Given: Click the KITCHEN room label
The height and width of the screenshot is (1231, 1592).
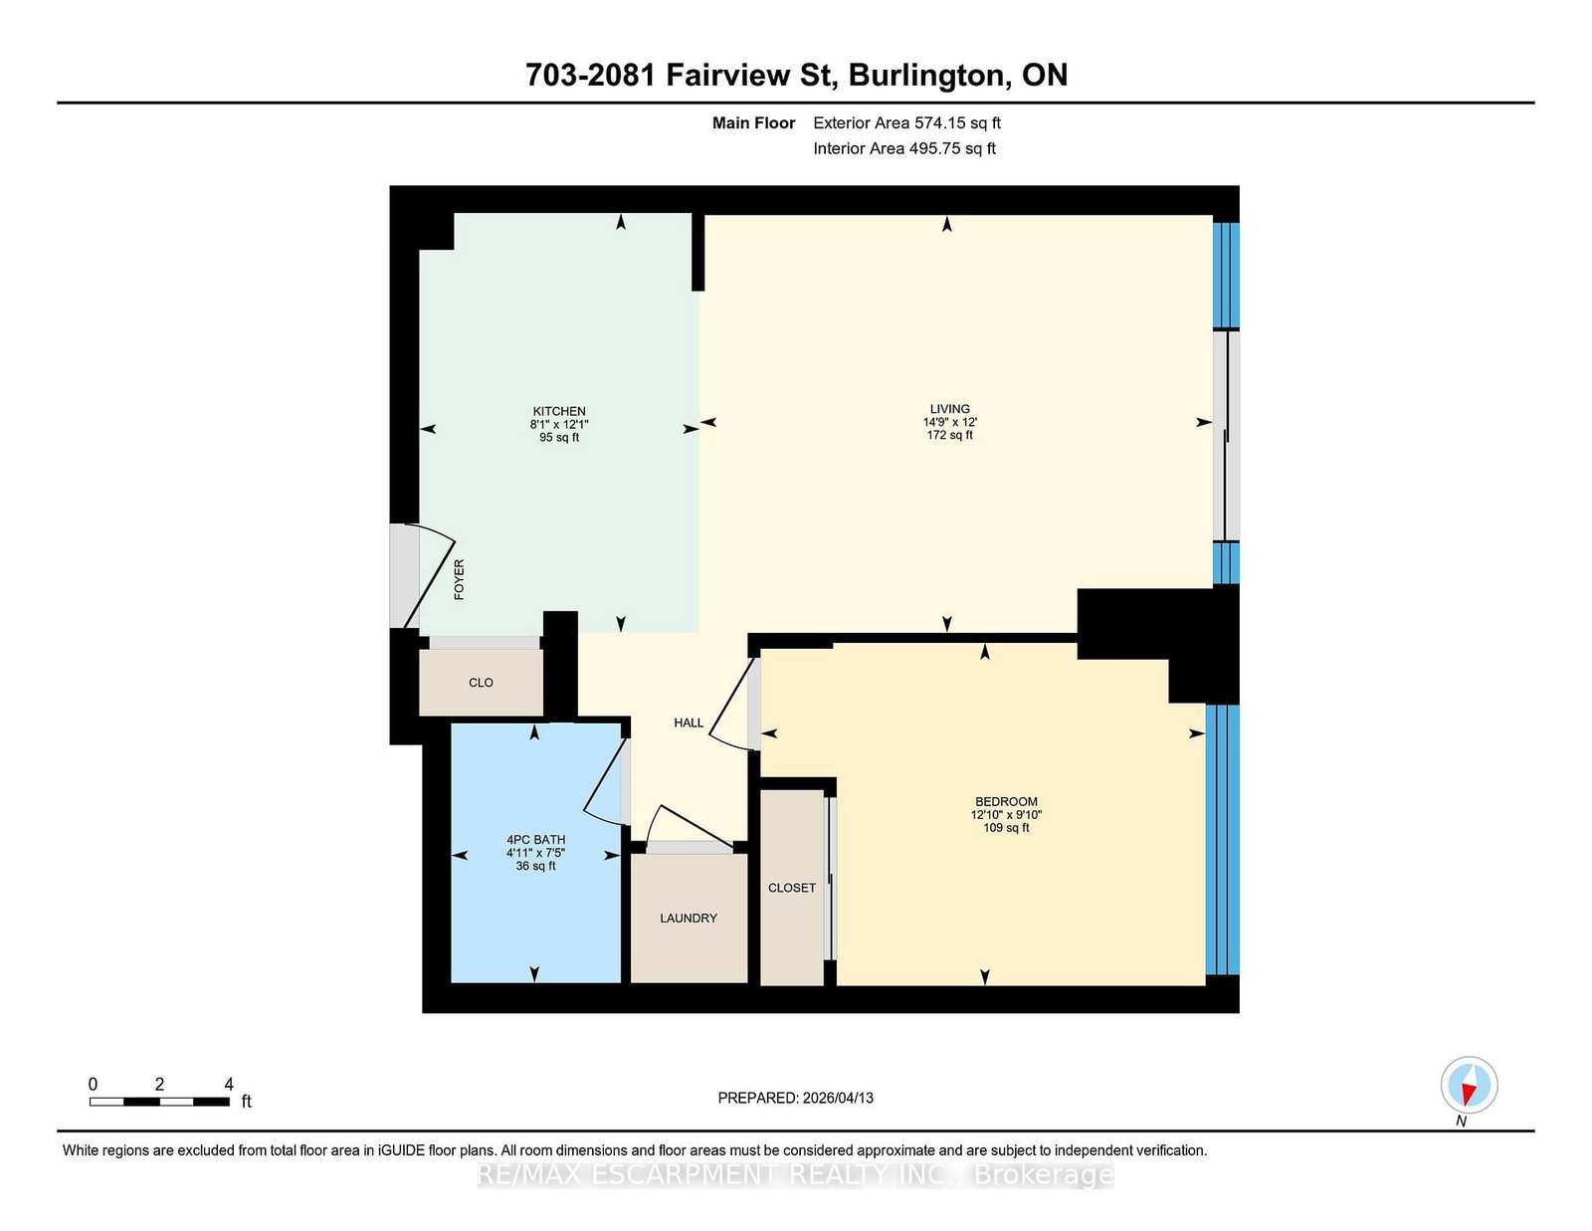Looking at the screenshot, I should (x=559, y=411).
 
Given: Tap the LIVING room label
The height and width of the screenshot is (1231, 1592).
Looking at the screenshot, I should (x=949, y=408).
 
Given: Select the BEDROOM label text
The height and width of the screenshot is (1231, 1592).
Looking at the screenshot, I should (x=1006, y=801).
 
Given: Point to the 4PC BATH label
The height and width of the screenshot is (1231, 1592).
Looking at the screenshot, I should (x=535, y=840).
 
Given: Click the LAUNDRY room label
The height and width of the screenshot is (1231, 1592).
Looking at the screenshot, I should (x=688, y=919).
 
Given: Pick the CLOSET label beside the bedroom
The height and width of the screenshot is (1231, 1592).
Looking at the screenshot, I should (x=792, y=888).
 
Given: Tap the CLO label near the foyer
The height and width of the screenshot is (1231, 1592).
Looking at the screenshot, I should (x=481, y=683).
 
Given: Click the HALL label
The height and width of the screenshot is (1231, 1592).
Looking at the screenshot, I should (x=689, y=723).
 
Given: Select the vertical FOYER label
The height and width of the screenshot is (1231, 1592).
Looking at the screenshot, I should (x=459, y=579).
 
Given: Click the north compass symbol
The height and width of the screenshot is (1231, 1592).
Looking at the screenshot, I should (x=1469, y=1086).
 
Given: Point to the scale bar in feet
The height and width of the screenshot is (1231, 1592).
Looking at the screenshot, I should (x=159, y=1101).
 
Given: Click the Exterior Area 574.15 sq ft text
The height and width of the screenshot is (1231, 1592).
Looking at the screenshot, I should (x=906, y=123).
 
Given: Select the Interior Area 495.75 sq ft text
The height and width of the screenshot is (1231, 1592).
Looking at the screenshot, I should (x=904, y=148).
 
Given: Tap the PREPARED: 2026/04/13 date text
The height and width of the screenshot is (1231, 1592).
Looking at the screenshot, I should (x=795, y=1098).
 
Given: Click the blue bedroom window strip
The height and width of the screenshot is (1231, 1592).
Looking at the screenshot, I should (x=1223, y=839).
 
